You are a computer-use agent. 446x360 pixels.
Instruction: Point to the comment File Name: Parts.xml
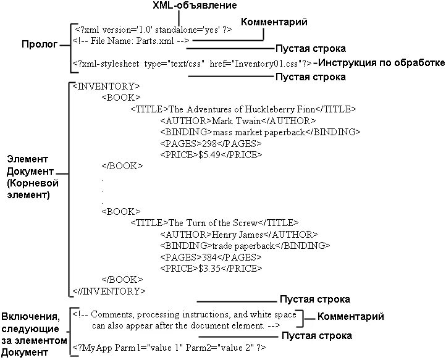[130, 41]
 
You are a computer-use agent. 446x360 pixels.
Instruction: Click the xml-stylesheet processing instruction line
[191, 63]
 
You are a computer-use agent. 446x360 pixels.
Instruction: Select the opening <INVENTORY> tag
[106, 86]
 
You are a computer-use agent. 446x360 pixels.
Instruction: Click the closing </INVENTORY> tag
[109, 290]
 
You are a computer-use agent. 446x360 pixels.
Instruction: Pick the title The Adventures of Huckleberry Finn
[243, 109]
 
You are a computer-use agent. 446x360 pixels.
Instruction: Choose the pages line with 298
[211, 144]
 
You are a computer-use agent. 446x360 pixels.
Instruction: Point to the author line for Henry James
[238, 234]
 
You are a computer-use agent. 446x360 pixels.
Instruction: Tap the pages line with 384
[211, 257]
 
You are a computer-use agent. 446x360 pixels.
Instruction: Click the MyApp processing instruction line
[169, 348]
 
